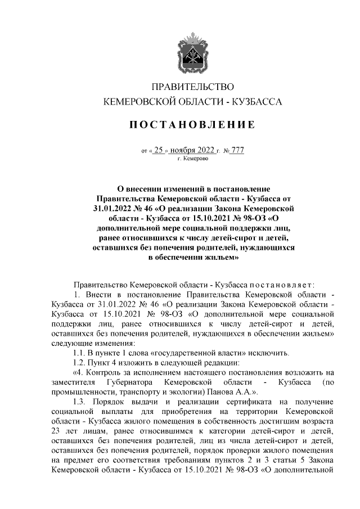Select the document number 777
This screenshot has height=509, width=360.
tap(237, 150)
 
